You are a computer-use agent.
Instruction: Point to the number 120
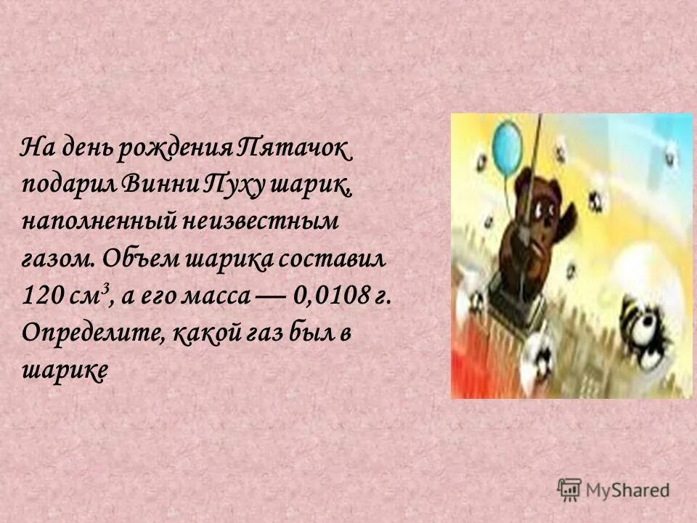[x=39, y=297]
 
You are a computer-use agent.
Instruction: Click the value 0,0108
[x=332, y=297]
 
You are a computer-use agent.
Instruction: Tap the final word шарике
[x=65, y=370]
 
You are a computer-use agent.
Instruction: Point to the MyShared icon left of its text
[x=570, y=489]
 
